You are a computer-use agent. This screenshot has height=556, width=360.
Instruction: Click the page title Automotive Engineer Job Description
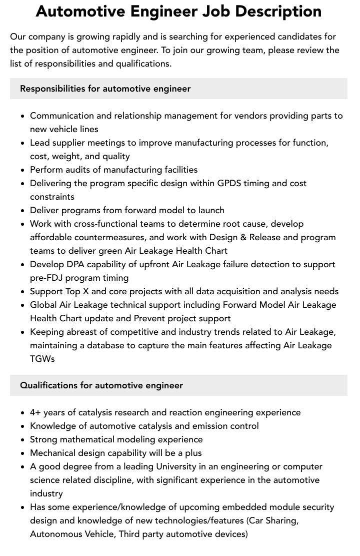[178, 11]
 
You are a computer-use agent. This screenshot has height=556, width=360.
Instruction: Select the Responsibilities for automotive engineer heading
[105, 89]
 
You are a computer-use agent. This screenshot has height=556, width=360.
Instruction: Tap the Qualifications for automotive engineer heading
[101, 385]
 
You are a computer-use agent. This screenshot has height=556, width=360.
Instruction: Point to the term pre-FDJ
[48, 278]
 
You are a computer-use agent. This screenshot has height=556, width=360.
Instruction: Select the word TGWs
[42, 359]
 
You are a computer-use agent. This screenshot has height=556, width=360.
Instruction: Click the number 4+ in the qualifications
[35, 412]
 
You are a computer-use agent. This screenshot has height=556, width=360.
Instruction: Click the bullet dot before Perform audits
[23, 170]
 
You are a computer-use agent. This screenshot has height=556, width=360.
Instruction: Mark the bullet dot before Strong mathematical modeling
[23, 440]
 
